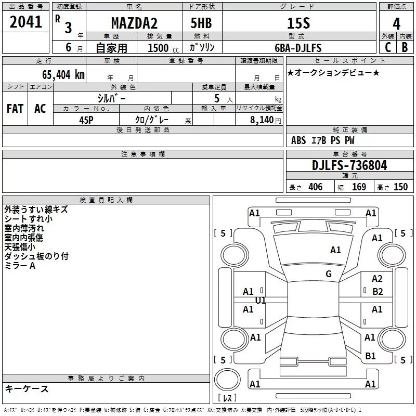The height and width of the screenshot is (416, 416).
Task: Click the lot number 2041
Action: (25, 22)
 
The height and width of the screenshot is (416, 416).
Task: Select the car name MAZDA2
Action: (134, 23)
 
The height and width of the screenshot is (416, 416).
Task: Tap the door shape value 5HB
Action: (201, 23)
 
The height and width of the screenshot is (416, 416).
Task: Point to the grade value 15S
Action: (298, 23)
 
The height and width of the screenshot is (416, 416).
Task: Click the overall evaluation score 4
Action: (396, 24)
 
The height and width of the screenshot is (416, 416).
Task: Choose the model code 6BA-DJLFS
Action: (298, 48)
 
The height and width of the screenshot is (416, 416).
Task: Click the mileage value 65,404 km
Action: (63, 75)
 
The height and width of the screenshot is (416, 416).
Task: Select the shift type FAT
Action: (15, 109)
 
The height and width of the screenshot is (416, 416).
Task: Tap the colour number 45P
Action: (86, 120)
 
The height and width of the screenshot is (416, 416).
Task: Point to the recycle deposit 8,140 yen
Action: (265, 120)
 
